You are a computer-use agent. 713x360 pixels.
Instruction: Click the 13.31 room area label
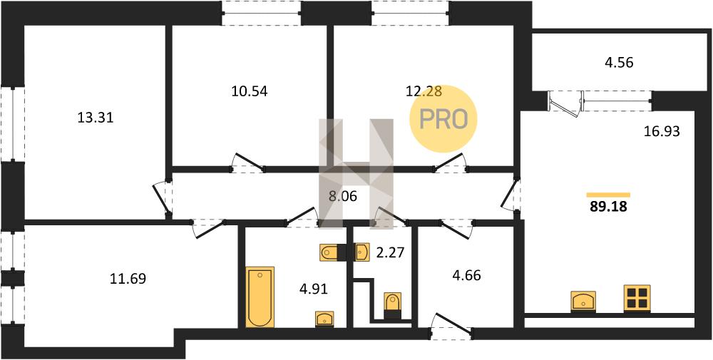click(96, 118)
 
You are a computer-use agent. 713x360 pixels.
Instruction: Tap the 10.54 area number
click(250, 91)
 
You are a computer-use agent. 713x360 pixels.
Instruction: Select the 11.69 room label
click(128, 278)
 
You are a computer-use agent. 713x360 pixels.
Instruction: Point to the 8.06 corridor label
click(344, 197)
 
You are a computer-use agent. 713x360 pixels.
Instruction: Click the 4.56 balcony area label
click(620, 62)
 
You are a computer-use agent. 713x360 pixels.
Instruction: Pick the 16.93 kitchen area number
click(662, 132)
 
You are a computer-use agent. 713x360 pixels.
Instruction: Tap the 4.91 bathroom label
click(313, 288)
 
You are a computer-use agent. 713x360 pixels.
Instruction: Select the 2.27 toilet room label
click(390, 252)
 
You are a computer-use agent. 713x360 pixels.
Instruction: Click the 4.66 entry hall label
click(466, 275)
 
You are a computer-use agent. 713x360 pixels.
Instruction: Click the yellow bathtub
click(260, 297)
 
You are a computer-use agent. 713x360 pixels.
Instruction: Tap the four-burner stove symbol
click(637, 298)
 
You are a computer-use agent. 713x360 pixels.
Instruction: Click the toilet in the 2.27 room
click(393, 305)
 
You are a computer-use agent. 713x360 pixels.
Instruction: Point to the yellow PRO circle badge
click(443, 119)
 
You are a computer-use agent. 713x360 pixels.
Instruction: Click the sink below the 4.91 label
click(324, 319)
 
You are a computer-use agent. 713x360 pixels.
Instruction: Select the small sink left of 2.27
click(362, 252)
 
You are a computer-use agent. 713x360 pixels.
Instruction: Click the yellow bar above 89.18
click(608, 195)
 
